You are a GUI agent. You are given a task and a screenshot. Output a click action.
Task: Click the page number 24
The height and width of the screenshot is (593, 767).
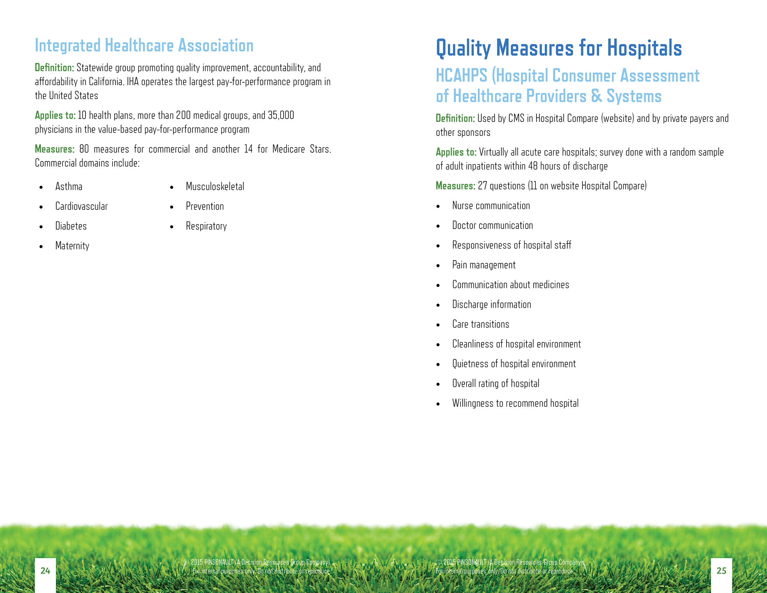click(45, 571)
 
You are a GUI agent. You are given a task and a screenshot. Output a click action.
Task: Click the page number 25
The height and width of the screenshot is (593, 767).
click(721, 571)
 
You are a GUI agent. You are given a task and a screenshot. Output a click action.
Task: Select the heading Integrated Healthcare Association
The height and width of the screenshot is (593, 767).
click(144, 46)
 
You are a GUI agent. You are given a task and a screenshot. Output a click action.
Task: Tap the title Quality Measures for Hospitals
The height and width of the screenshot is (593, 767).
click(558, 48)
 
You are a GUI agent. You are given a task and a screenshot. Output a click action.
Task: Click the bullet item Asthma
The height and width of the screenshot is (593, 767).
click(69, 187)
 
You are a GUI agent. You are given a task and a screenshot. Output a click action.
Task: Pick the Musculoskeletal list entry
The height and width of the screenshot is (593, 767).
click(215, 187)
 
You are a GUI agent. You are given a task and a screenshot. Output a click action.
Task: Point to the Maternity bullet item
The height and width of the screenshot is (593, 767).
click(72, 246)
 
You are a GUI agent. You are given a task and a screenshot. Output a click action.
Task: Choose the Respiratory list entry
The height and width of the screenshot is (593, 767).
click(206, 226)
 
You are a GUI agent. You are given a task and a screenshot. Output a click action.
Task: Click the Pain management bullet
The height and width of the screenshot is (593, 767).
click(484, 265)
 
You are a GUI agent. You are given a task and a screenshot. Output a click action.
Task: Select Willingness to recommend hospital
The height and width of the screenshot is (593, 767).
click(515, 403)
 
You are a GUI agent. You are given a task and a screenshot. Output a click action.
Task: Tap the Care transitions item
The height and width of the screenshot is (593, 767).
click(481, 324)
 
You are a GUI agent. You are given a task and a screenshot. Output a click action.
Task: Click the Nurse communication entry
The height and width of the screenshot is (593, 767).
click(491, 206)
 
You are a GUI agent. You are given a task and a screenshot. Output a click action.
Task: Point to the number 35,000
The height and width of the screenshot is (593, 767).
click(281, 115)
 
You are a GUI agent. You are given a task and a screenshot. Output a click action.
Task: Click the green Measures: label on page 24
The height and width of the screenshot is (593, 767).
click(54, 149)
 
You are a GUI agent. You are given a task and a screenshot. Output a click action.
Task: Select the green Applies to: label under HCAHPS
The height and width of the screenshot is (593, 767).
click(456, 152)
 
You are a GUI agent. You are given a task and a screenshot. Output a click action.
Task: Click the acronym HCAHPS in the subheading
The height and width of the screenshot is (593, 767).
click(461, 76)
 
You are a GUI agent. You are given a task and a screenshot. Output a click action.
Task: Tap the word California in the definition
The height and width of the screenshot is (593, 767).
click(105, 82)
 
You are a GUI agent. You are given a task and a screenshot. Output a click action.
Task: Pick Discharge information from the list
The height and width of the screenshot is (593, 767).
click(491, 304)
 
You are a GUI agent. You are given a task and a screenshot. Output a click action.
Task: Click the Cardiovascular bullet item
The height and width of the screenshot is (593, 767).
click(81, 206)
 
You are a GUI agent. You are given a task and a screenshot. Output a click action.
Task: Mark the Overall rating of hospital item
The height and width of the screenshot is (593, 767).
click(495, 384)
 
